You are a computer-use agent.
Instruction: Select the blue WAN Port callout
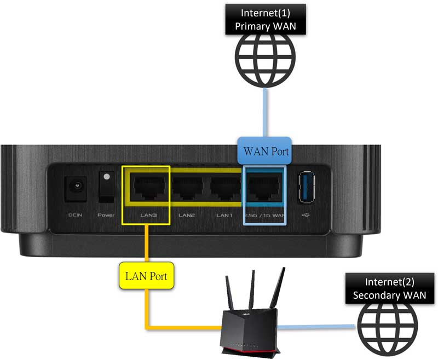click(x=265, y=149)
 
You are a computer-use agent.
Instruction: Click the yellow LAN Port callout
click(x=146, y=276)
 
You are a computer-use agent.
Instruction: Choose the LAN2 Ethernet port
click(x=186, y=188)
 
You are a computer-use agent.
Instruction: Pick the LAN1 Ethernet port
click(x=225, y=188)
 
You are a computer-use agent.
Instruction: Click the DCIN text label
click(x=75, y=216)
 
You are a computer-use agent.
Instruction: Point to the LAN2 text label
click(x=186, y=216)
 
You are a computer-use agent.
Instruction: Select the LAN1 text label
click(x=224, y=216)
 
